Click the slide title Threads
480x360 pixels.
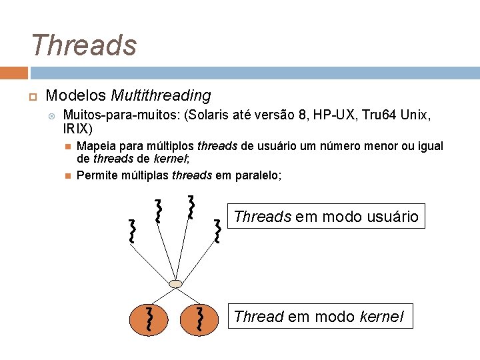point(83,45)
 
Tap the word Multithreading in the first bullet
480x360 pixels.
point(161,96)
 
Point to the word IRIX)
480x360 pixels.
point(77,128)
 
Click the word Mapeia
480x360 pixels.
point(95,146)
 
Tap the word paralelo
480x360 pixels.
point(258,175)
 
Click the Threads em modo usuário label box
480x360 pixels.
point(326,217)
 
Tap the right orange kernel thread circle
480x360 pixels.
point(199,319)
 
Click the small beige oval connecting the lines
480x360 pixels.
point(175,285)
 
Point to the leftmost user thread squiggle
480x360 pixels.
point(133,230)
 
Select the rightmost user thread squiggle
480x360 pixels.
point(217,231)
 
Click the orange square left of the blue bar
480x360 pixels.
point(13,73)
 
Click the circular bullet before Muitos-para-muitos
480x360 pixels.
point(53,115)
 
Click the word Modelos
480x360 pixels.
point(76,96)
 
